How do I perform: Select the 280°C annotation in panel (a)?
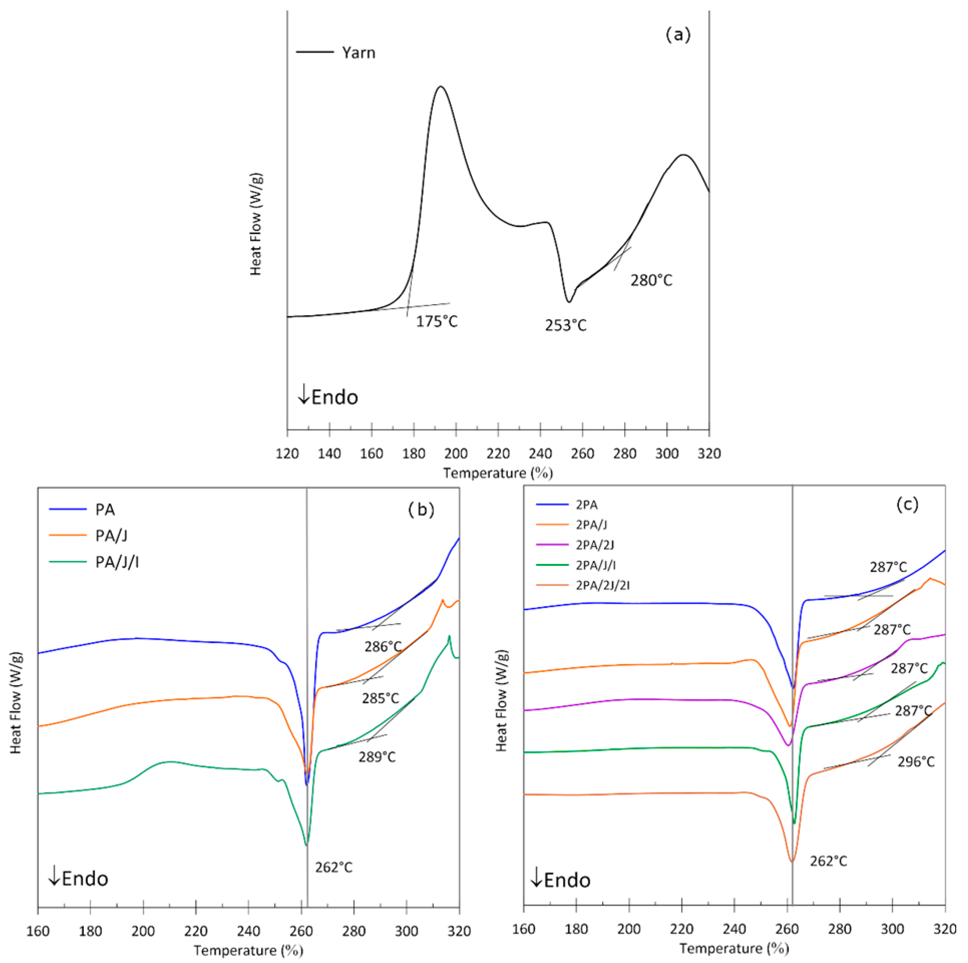coord(651,280)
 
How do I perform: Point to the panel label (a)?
coord(678,35)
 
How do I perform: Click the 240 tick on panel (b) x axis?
coord(248,931)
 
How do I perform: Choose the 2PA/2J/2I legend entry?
coord(602,585)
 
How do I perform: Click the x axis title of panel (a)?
coord(498,473)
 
